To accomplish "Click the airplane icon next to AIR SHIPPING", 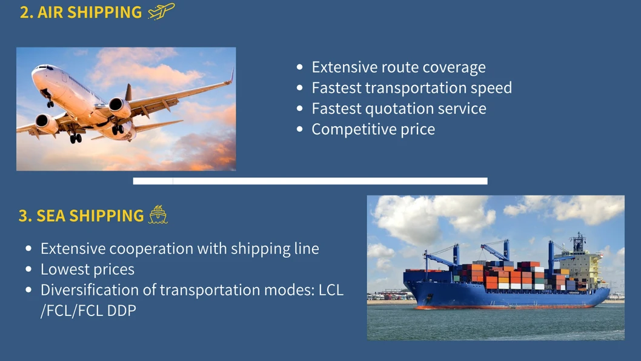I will (161, 12).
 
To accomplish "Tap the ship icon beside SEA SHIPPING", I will (158, 215).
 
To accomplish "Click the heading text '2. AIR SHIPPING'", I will (81, 12).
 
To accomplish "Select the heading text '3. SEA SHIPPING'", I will (81, 215).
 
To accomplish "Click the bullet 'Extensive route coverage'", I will (398, 67).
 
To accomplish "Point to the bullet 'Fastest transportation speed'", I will (411, 87).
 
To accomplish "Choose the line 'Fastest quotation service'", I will (399, 108).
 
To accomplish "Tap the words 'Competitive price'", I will (373, 129).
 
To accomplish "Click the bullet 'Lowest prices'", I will (87, 269).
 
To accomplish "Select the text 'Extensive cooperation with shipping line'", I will (179, 248).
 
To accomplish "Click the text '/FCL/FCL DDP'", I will (88, 310).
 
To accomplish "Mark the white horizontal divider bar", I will (310, 181).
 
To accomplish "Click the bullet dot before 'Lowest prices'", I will (29, 269).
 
